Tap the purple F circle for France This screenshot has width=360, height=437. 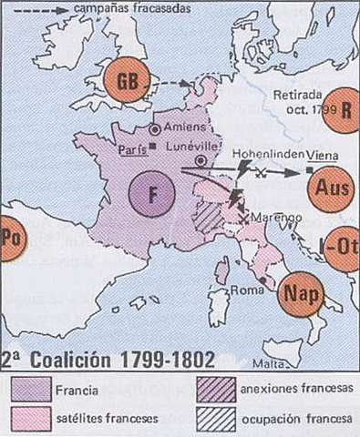click(152, 193)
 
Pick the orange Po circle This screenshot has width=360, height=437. click(11, 239)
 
